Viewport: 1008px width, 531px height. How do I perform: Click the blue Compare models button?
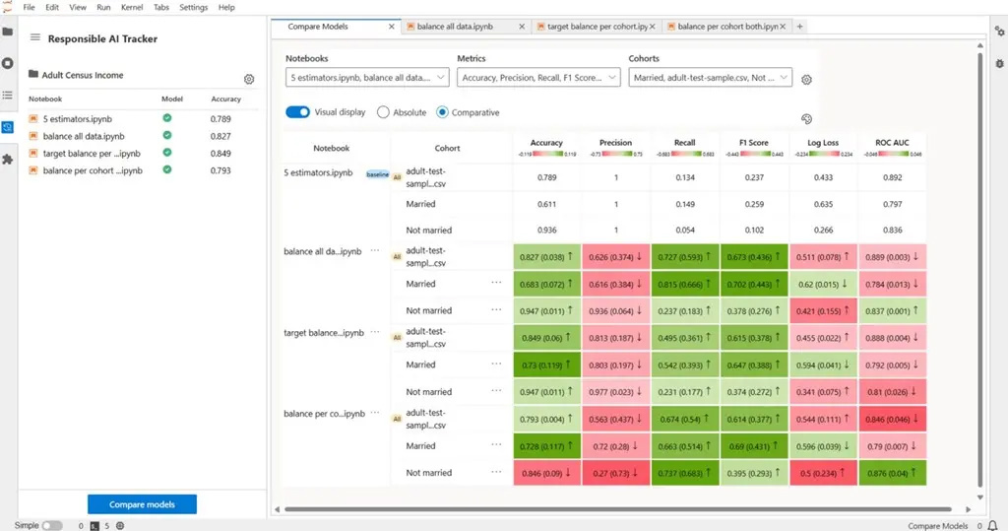[x=142, y=504]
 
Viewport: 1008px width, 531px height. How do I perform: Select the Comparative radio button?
[x=442, y=112]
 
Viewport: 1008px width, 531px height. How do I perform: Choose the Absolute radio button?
[x=384, y=112]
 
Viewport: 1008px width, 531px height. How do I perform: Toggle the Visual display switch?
[x=298, y=112]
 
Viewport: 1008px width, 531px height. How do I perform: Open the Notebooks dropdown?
[x=367, y=77]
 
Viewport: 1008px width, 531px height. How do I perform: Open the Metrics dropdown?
[x=538, y=77]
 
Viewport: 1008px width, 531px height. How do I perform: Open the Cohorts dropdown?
[x=710, y=77]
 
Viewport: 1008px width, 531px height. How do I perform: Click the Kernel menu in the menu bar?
[x=131, y=7]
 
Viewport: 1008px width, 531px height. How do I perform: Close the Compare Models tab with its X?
[x=392, y=27]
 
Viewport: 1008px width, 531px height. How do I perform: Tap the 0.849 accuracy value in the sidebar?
[x=220, y=154]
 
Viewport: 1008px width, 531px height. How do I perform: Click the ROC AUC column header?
[x=892, y=143]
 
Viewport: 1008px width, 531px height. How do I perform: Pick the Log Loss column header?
[x=823, y=143]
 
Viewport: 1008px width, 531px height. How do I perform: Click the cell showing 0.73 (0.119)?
[x=546, y=365]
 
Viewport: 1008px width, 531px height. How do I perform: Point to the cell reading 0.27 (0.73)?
[x=615, y=473]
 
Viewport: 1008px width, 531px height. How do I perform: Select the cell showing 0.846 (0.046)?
[x=892, y=418]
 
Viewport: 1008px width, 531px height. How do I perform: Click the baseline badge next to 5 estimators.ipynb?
[x=378, y=174]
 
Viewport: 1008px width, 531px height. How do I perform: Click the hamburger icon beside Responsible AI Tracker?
[x=35, y=38]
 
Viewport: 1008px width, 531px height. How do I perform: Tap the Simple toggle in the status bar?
[x=51, y=525]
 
